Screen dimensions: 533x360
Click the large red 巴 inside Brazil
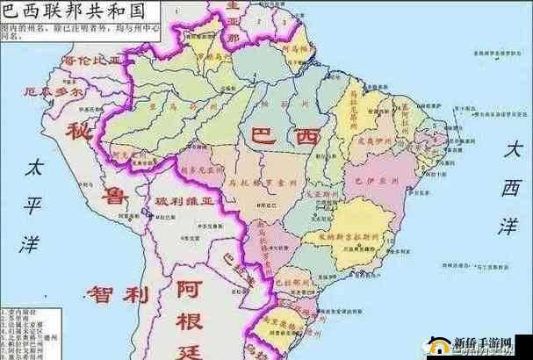click(263, 136)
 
